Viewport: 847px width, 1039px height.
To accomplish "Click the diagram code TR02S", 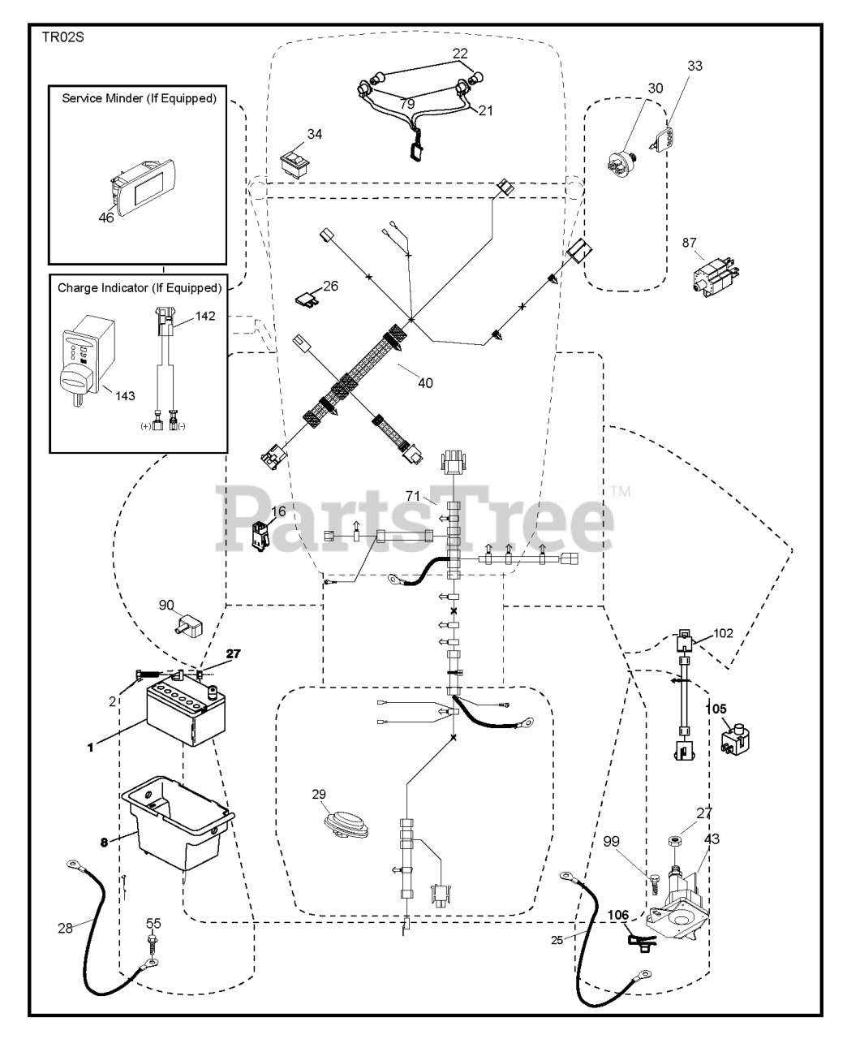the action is click(63, 37).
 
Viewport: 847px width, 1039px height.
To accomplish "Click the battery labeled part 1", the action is click(186, 712).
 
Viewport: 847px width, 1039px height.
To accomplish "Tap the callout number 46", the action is click(105, 218).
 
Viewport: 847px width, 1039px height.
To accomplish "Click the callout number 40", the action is click(425, 383).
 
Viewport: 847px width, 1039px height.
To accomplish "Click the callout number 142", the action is click(205, 316).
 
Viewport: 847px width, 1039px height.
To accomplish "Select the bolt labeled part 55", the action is click(153, 950).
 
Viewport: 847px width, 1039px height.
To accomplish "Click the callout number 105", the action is click(716, 709).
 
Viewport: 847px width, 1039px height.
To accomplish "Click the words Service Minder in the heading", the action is click(103, 98).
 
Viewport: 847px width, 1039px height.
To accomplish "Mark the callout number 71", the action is click(413, 496).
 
